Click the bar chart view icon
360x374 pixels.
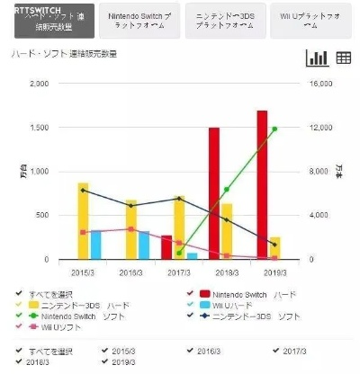click(317, 58)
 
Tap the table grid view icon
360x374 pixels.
click(343, 58)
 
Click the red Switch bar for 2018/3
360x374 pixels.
click(214, 193)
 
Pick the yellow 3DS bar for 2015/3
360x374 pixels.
click(84, 221)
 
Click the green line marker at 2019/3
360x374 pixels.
click(274, 129)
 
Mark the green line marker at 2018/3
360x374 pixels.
click(226, 190)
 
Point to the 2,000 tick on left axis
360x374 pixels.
click(40, 84)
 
